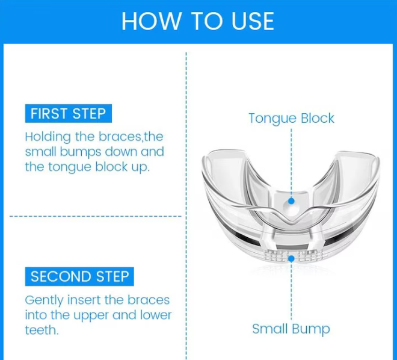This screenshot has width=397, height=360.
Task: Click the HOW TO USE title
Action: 198,21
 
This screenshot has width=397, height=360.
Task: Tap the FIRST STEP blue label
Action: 69,114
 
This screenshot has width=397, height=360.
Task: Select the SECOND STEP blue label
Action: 79,276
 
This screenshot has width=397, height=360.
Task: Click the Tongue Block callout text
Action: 291,119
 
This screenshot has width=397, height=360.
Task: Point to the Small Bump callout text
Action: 291,329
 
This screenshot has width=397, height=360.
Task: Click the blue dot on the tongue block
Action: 291,201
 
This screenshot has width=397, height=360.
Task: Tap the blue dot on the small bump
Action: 291,259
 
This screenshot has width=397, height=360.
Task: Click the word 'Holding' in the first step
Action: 48,138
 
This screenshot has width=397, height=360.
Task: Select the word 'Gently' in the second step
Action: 45,301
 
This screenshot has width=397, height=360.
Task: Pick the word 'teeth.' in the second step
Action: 42,330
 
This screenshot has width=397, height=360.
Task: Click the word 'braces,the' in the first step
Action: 131,137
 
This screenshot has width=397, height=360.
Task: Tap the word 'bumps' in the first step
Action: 81,152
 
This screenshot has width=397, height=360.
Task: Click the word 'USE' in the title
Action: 253,21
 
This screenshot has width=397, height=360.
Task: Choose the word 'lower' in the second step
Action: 156,315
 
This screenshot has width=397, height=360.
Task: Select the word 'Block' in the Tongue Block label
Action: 318,118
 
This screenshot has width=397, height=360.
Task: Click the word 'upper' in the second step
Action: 91,316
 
